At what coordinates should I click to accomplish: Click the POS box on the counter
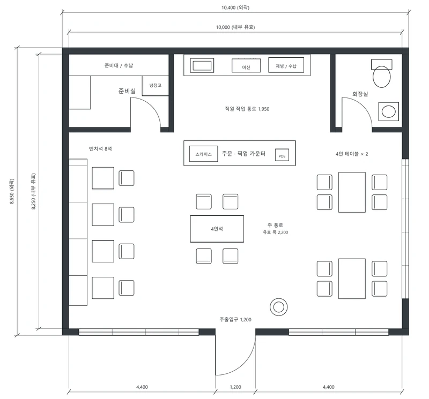(x=282, y=155)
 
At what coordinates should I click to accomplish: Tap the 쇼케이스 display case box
(x=204, y=154)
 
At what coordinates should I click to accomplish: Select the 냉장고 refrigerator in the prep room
(x=156, y=86)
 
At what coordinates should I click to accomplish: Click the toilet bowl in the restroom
(x=381, y=77)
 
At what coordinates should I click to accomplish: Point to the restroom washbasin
(x=388, y=111)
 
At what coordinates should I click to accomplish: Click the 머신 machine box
(x=246, y=65)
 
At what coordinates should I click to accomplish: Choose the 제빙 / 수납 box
(x=286, y=65)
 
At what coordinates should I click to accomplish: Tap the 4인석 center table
(x=217, y=229)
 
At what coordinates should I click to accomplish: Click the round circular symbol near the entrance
(x=278, y=307)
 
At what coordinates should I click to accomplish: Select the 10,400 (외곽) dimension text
(x=235, y=7)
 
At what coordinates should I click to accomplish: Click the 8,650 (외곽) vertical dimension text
(x=12, y=191)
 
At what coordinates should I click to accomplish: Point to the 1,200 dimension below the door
(x=235, y=387)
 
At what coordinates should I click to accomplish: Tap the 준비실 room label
(x=127, y=91)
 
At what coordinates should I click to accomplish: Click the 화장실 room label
(x=360, y=94)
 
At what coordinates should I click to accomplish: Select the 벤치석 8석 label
(x=100, y=149)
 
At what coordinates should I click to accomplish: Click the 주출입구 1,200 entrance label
(x=235, y=320)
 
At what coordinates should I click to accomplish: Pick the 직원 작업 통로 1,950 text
(x=247, y=109)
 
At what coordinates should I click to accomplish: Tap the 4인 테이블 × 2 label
(x=352, y=154)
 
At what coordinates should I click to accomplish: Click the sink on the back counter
(x=202, y=65)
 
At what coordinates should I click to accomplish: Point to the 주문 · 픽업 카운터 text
(x=243, y=154)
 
